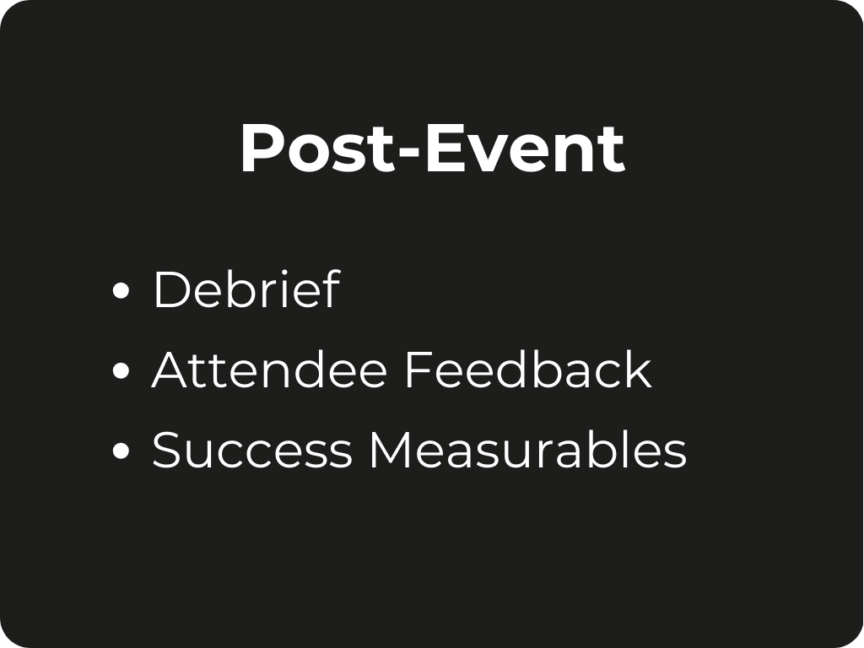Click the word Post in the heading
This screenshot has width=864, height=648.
318,148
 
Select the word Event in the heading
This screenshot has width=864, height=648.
525,148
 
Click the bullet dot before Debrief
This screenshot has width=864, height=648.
121,290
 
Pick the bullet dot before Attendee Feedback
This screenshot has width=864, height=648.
121,371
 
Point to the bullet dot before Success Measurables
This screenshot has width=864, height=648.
121,451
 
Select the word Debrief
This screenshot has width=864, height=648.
246,289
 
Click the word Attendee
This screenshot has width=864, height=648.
269,370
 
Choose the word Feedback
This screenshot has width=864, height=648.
528,369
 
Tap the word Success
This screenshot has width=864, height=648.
251,450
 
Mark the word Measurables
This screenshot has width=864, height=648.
528,449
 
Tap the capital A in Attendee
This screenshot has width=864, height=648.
172,370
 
